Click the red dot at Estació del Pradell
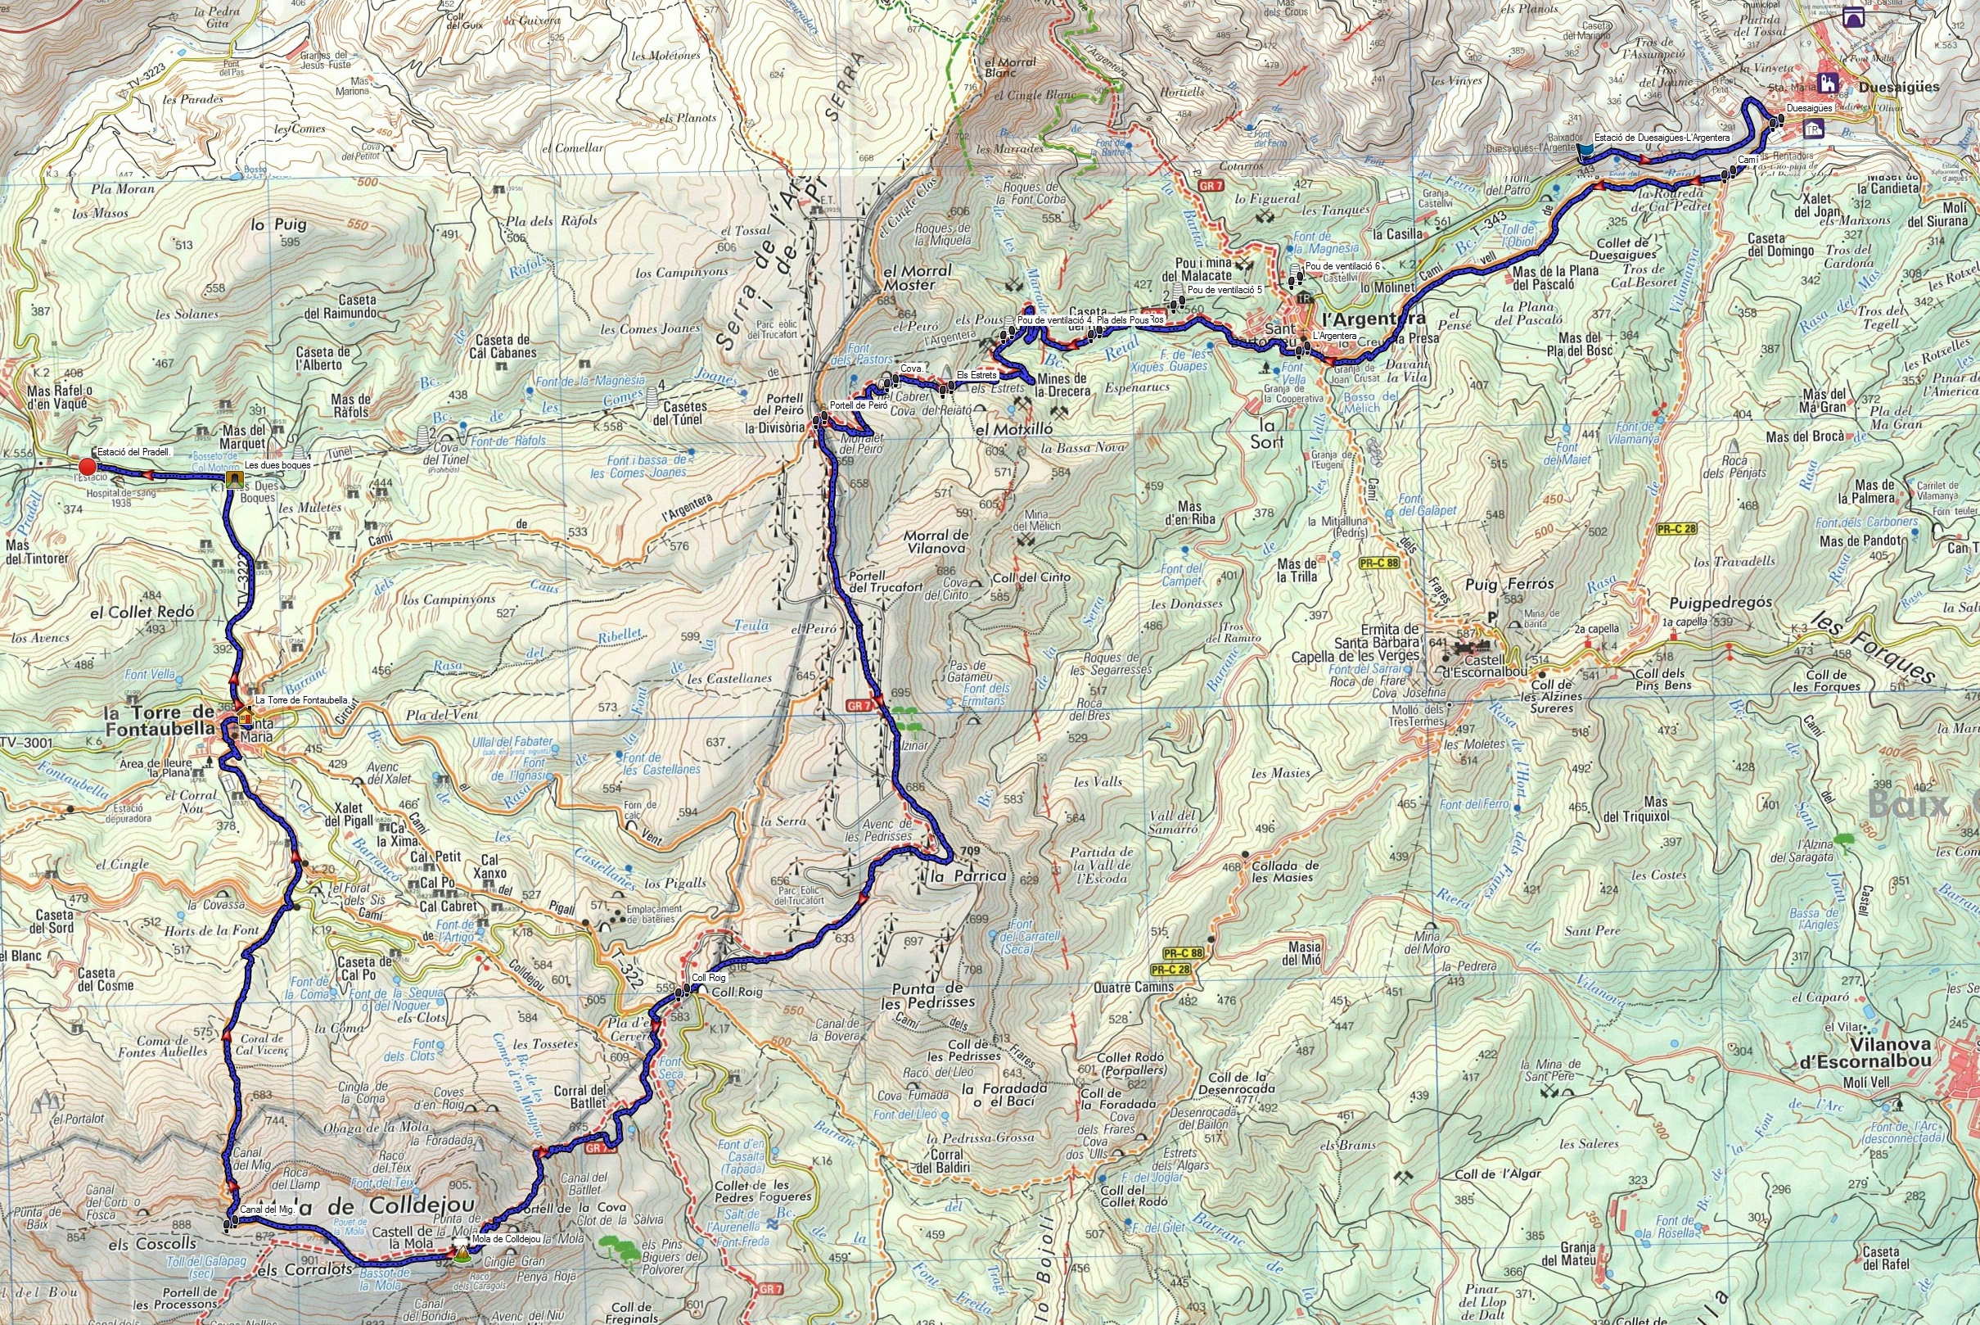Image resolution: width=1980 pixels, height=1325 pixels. [86, 467]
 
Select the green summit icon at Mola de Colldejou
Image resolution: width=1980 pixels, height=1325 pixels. [460, 1255]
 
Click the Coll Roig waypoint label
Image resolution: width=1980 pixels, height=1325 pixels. [709, 978]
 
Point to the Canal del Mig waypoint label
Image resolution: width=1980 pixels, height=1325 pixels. [266, 1210]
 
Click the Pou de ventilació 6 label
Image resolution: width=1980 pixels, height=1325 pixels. [1342, 266]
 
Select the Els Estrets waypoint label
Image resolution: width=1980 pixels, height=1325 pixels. [976, 374]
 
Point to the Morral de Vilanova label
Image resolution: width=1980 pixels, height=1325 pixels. [936, 540]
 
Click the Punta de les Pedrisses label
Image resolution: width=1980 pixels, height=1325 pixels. [927, 996]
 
